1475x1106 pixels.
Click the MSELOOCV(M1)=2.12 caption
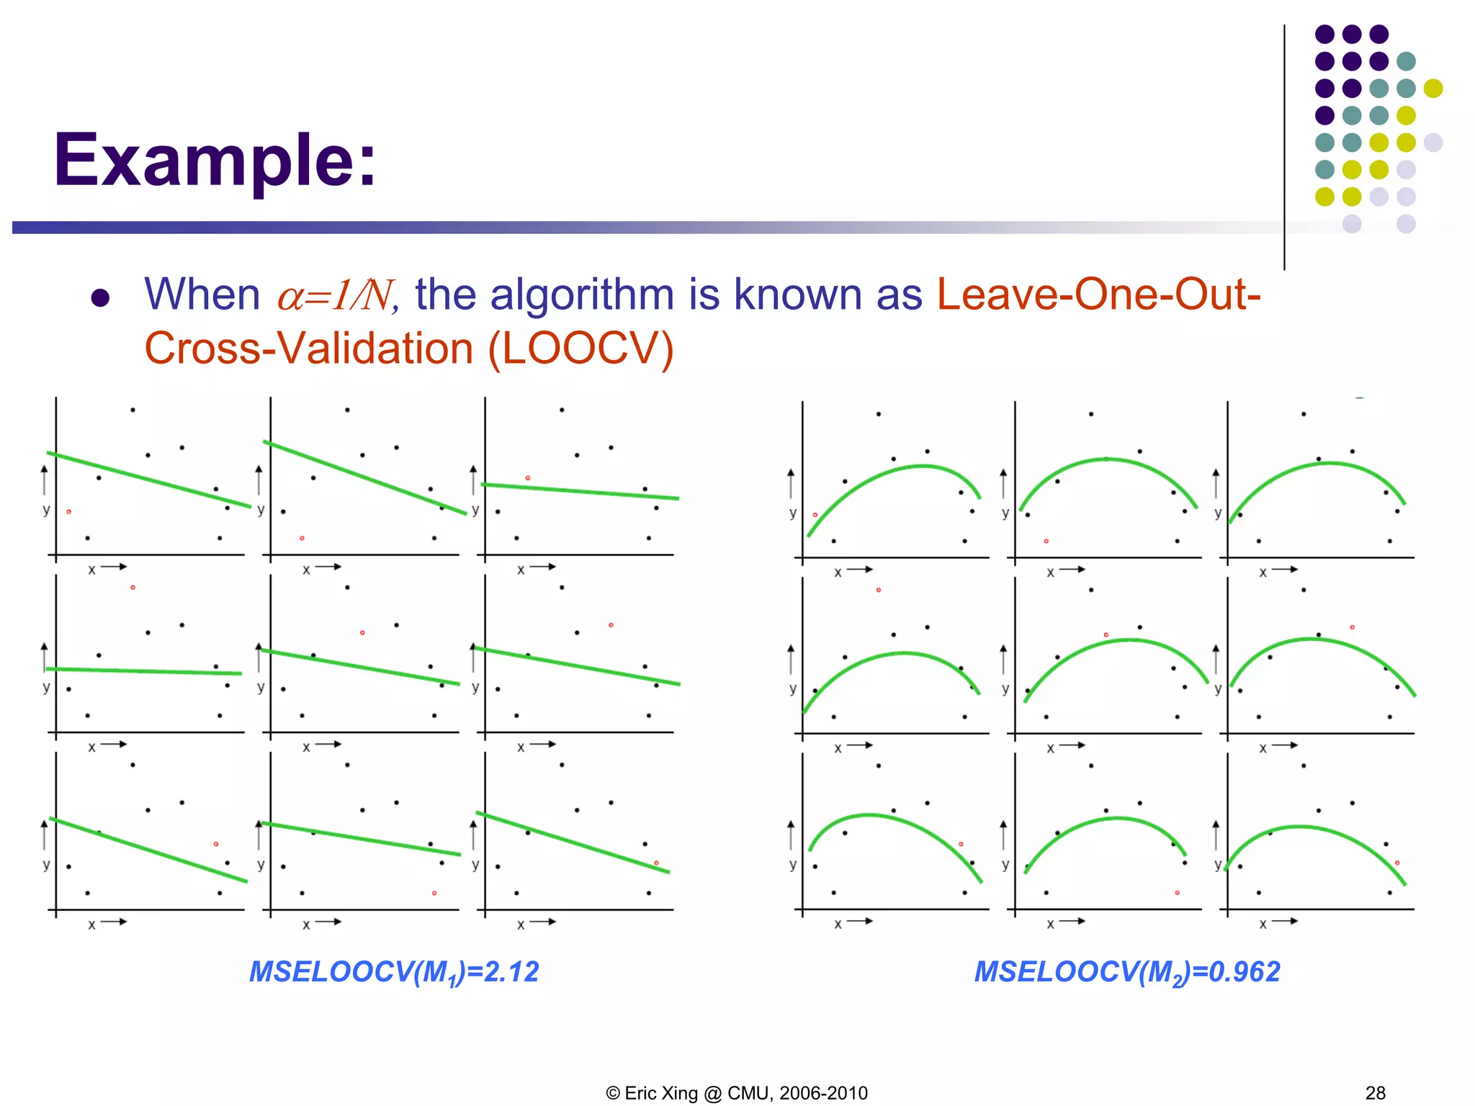point(394,972)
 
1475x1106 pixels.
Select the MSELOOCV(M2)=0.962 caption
point(1126,972)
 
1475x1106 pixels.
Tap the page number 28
point(1375,1093)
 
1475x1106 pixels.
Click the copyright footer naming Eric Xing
point(737,1093)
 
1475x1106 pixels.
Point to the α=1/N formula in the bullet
point(335,295)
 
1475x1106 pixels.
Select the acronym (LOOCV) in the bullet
point(580,349)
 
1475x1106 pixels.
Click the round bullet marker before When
point(100,298)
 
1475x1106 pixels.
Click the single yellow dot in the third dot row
point(1433,88)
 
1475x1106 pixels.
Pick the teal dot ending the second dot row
point(1406,61)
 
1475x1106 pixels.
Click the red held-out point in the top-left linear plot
point(68,511)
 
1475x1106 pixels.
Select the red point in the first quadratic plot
point(815,515)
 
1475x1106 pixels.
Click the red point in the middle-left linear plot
point(133,588)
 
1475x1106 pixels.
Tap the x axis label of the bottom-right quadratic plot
point(1263,925)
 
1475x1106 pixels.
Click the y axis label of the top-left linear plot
point(46,510)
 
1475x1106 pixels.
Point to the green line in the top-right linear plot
point(580,491)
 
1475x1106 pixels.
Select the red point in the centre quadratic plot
point(1106,635)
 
